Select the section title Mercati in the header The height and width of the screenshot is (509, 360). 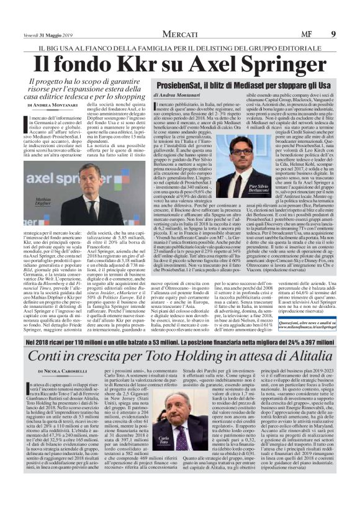(181, 7)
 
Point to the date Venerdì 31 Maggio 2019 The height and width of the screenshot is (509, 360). (43, 7)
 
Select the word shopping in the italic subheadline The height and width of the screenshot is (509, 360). (126, 95)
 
